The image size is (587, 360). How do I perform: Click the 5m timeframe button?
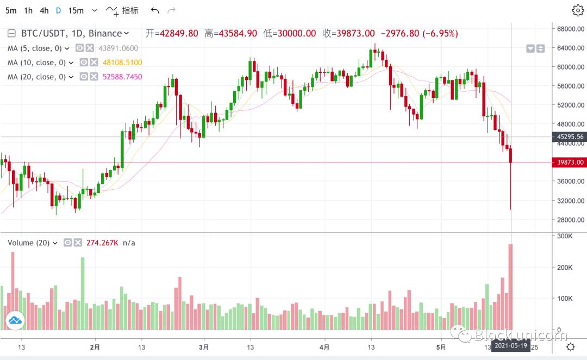pos(11,10)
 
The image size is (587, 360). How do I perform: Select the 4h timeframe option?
pos(44,10)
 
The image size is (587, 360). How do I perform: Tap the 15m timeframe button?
pos(77,10)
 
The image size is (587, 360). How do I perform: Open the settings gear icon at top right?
pos(577,10)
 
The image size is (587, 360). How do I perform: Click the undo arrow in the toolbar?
pos(155,10)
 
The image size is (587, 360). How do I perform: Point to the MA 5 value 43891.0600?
pos(118,48)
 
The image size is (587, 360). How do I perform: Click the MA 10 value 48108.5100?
pos(122,63)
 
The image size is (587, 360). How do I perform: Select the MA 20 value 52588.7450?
pos(122,77)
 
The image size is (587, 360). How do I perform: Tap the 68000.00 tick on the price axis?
pos(569,29)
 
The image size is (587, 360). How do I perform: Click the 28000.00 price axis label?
pos(569,220)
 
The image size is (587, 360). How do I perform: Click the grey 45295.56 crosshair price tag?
pos(569,137)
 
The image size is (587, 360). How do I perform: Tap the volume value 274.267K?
pos(102,243)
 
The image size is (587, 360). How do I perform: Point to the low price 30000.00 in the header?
pos(297,33)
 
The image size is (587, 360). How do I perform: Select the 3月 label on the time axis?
pos(204,346)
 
